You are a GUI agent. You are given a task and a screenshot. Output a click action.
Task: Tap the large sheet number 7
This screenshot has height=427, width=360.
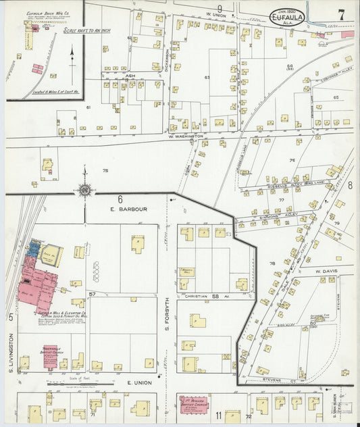point(342,14)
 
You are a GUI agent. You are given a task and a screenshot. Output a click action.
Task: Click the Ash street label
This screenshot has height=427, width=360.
point(131,76)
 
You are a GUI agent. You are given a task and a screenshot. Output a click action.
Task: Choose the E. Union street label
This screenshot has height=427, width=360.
point(138,383)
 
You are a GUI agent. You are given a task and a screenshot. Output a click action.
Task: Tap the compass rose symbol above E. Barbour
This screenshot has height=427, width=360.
point(85,191)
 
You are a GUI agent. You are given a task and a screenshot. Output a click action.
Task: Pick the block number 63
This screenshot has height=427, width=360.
point(207,78)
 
